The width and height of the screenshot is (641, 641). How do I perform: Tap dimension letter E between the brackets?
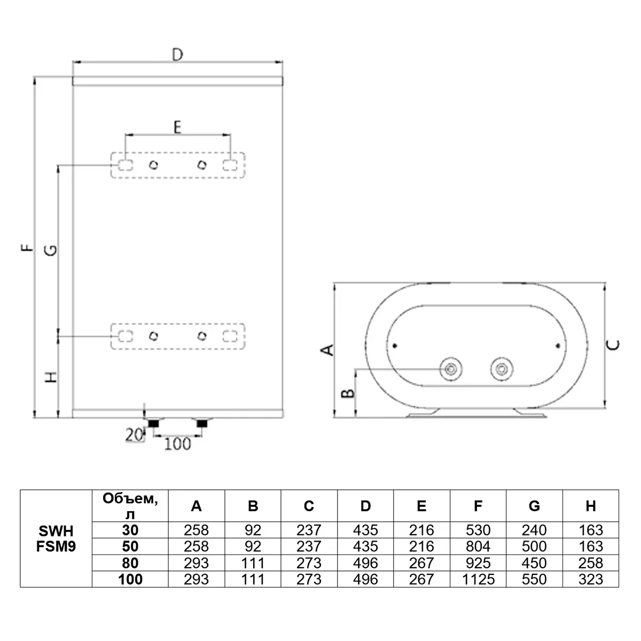point(177,127)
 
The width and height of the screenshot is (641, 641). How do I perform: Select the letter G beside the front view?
point(50,250)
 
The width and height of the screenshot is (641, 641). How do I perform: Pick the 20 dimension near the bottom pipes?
point(134,435)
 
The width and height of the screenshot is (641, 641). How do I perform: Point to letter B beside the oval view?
point(348,393)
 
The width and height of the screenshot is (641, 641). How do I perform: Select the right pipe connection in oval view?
point(501,369)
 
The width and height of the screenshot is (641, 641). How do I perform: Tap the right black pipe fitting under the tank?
point(202,424)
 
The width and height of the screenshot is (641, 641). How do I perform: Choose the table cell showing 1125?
point(478,579)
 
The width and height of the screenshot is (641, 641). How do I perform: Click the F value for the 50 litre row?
point(478,546)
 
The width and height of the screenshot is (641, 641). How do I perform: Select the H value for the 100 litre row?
point(590,579)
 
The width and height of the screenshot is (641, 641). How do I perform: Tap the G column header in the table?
point(534,506)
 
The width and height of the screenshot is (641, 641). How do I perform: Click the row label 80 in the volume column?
point(130,563)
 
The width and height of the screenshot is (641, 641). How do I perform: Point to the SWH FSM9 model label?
point(56,538)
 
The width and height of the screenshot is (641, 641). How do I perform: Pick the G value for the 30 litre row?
point(534,530)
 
